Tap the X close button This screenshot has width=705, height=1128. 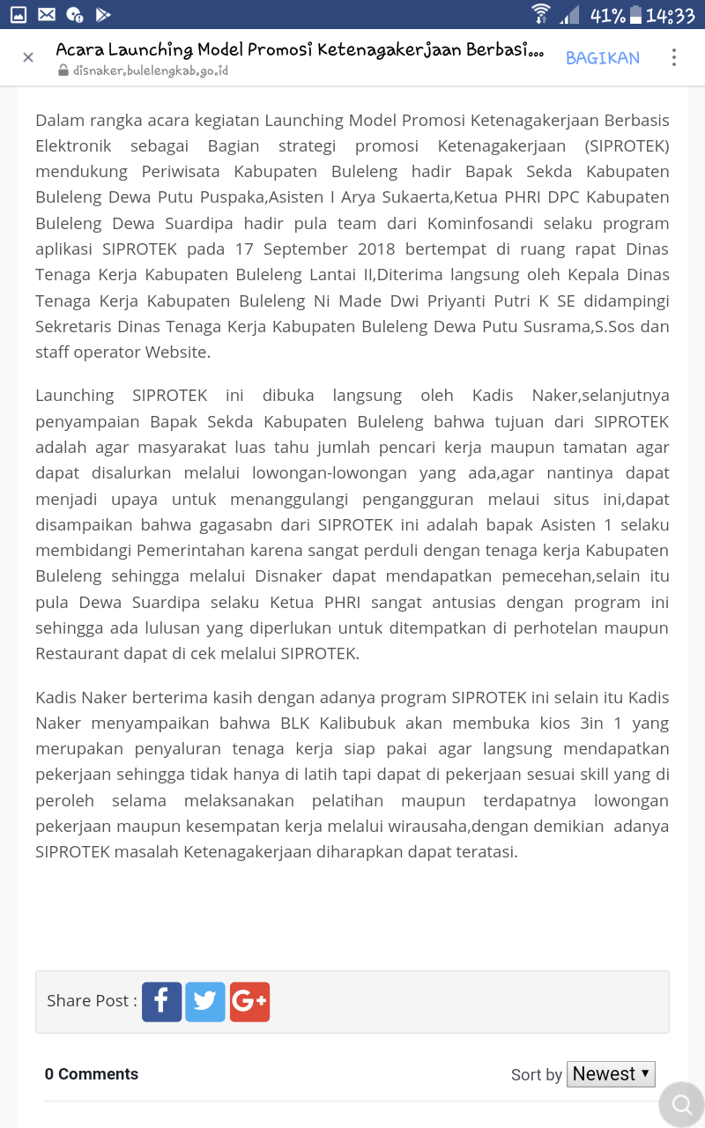(28, 57)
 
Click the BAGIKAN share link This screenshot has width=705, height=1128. (603, 58)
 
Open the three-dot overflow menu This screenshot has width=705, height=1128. (674, 57)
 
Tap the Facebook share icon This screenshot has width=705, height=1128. (161, 1002)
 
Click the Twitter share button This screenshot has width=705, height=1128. (205, 1002)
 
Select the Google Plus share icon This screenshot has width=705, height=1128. (249, 1002)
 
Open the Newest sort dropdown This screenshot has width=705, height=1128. (611, 1073)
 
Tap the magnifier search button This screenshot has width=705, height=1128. (681, 1104)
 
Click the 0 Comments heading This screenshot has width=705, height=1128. (92, 1074)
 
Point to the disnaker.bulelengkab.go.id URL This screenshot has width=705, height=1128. (151, 70)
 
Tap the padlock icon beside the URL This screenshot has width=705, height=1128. (63, 70)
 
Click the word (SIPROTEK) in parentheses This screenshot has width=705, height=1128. (627, 146)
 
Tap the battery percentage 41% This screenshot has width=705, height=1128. (608, 15)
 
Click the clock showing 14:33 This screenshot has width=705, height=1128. (671, 15)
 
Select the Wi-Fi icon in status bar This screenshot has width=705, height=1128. (540, 14)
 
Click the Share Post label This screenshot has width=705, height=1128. (92, 1001)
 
